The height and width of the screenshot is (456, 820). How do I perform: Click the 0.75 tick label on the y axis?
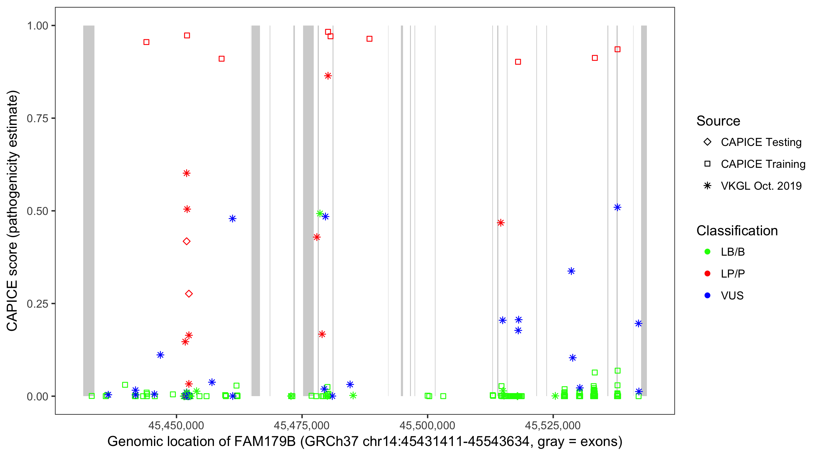[x=37, y=118]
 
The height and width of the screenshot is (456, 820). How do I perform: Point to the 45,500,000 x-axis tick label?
[x=427, y=425]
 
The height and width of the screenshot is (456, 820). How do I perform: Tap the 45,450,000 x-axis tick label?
[x=176, y=425]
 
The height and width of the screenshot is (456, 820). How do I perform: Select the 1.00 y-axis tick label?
[x=37, y=26]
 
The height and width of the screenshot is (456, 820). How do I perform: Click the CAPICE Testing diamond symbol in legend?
[x=707, y=142]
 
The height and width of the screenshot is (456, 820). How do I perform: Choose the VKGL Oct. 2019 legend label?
[x=761, y=186]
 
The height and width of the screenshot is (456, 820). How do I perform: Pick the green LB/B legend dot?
[x=707, y=252]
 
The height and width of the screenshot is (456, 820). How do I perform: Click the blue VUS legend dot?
[x=707, y=295]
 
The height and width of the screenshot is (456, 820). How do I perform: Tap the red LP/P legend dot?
[x=707, y=274]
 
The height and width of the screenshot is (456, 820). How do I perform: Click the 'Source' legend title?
[x=718, y=121]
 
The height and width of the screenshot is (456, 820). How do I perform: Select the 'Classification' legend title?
[x=737, y=230]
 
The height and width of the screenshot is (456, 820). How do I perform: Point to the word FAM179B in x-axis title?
[x=265, y=441]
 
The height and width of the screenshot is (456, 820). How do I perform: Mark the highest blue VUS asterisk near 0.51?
[x=617, y=207]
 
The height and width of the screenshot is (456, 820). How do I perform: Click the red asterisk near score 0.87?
[x=328, y=76]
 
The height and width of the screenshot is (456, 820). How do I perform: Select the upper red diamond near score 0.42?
[x=187, y=241]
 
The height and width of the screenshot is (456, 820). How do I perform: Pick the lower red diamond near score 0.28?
[x=189, y=293]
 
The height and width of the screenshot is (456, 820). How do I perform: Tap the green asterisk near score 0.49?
[x=320, y=213]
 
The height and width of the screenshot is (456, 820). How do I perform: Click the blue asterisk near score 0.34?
[x=571, y=271]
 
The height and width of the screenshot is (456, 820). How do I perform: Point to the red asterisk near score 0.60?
[x=187, y=173]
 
